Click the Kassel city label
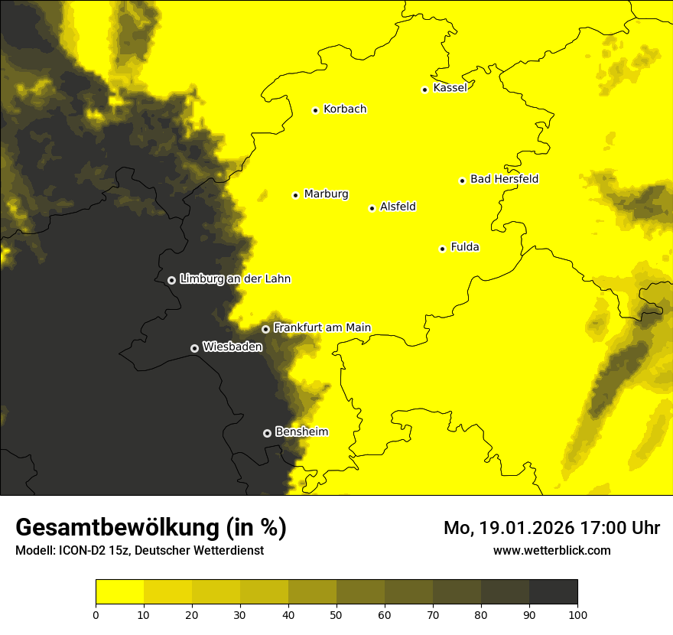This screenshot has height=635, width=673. click(x=450, y=88)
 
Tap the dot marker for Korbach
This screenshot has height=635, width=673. click(x=315, y=110)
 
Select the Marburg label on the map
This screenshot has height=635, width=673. click(x=326, y=194)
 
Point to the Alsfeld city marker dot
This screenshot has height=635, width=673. click(x=372, y=208)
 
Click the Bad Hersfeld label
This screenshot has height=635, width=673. click(x=504, y=179)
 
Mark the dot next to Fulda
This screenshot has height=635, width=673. click(x=442, y=249)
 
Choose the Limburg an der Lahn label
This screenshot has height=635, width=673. click(x=235, y=279)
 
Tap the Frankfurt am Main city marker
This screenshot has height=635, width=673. click(x=265, y=329)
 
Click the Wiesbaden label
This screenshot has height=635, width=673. click(x=232, y=347)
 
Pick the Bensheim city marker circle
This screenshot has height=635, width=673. click(x=267, y=433)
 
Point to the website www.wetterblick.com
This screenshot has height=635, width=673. click(x=551, y=550)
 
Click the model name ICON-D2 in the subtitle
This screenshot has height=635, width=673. click(x=80, y=550)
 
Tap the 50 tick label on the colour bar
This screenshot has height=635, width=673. click(x=336, y=614)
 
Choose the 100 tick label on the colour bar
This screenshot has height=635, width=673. click(x=577, y=614)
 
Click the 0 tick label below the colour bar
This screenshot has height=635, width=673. click(x=96, y=614)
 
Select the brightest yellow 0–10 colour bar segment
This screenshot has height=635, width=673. click(x=119, y=592)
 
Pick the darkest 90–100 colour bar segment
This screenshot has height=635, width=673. click(x=553, y=592)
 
